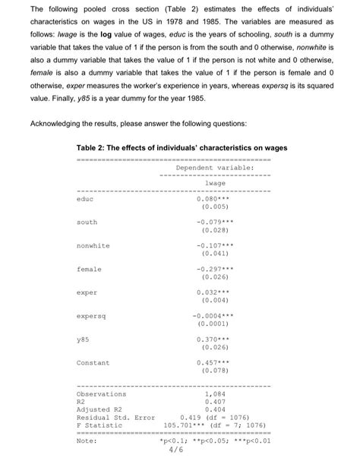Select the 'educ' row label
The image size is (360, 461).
tap(85, 199)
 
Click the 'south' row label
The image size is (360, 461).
tap(87, 223)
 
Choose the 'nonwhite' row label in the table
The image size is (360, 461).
tap(93, 246)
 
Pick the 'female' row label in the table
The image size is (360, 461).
tap(89, 270)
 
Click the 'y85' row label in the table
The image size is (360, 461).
tap(84, 339)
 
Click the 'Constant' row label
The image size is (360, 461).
tap(93, 363)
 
